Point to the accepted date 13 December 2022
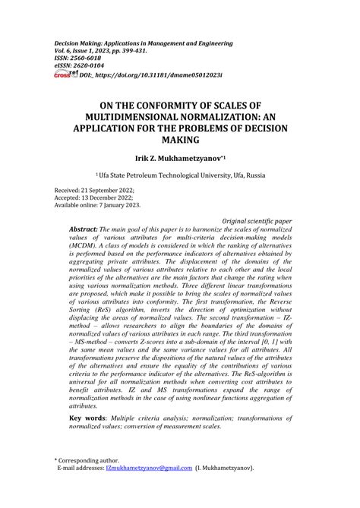coord(103,197)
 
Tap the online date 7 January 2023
coord(118,205)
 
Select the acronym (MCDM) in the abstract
coord(85,246)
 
